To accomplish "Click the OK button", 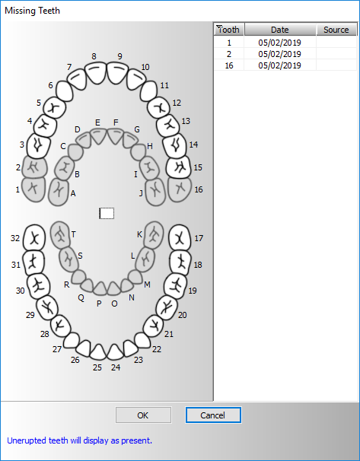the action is click(143, 415).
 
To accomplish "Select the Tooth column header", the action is click(229, 30).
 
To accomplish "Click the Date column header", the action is click(280, 30).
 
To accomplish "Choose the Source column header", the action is click(336, 30).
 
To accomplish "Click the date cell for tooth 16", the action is click(280, 65).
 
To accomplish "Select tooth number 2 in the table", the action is click(229, 54).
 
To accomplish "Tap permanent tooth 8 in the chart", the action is click(95, 72).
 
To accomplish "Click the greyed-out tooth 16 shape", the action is click(180, 189).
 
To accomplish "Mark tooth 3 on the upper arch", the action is click(37, 145).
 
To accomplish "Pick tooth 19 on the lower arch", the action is click(176, 286).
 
